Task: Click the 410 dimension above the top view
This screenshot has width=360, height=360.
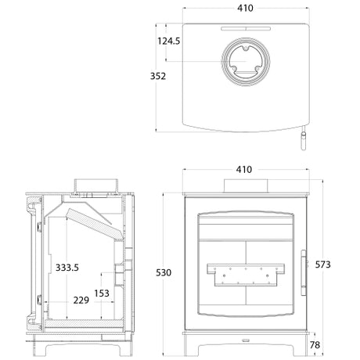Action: tap(245, 8)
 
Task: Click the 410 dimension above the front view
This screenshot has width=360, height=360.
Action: tap(244, 170)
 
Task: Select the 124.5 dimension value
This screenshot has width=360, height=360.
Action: tap(169, 41)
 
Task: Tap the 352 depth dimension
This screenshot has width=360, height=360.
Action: tap(158, 76)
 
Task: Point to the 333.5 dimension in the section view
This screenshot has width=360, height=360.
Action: tap(67, 268)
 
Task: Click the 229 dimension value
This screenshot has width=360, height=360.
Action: tap(81, 301)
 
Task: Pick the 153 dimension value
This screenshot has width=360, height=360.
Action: tap(102, 293)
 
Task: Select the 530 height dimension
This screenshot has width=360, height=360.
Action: tap(164, 272)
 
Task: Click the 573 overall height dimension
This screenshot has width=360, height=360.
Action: tap(322, 265)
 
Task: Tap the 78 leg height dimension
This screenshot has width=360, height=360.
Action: tap(315, 345)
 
